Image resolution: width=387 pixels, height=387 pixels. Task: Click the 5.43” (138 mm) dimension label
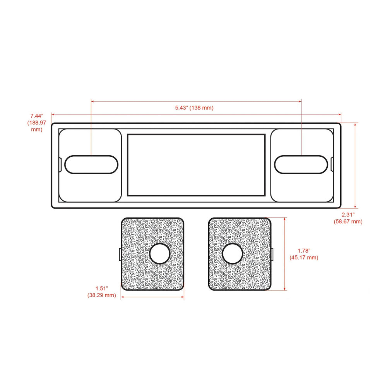194,108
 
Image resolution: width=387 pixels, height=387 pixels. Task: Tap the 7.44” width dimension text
37,116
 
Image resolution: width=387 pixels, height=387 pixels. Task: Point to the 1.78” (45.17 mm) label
304,254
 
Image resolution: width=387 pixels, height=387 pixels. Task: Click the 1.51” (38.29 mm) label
102,292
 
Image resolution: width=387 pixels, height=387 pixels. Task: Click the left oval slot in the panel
91,164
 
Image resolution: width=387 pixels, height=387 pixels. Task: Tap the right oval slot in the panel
301,164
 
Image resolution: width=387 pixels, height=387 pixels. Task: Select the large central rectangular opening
196,165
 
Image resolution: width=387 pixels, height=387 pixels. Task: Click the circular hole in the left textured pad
160,254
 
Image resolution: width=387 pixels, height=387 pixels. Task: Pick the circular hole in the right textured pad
233,254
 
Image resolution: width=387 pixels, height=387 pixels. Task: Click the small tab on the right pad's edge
272,254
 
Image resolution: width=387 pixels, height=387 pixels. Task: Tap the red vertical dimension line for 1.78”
285,254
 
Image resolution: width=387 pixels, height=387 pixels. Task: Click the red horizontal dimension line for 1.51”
152,297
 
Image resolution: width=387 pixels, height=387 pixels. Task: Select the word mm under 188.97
36,130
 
